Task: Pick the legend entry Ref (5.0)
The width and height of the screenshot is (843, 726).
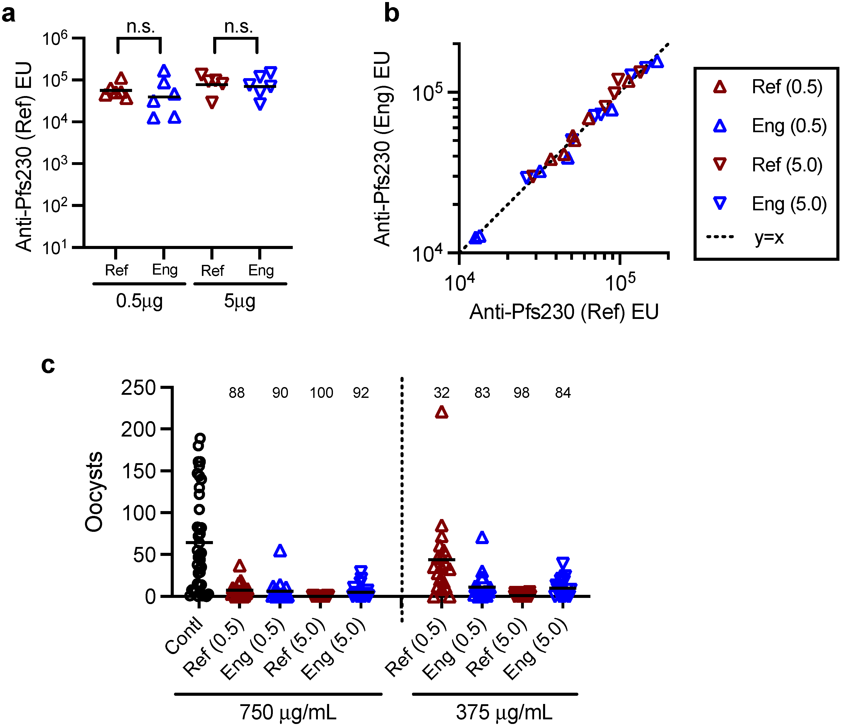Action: point(787,165)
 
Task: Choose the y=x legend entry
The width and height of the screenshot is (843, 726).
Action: point(769,237)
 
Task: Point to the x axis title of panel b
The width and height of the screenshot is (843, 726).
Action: point(564,312)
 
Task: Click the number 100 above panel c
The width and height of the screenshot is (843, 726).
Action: point(321,393)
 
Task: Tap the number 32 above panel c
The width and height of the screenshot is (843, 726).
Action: point(441,393)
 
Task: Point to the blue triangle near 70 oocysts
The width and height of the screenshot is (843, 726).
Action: point(482,538)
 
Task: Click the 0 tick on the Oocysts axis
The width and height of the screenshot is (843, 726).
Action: point(150,597)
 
